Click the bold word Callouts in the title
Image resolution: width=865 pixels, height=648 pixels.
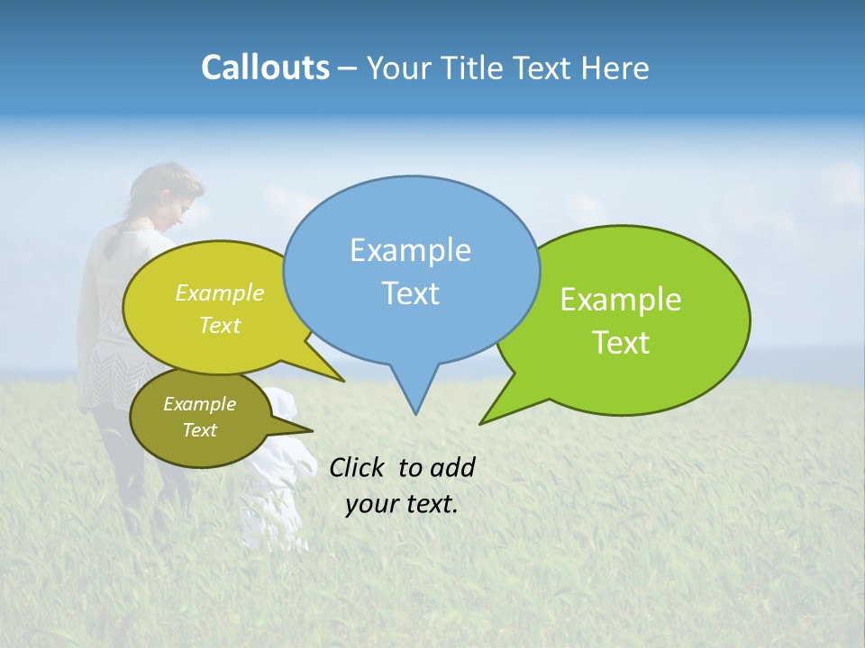pos(265,67)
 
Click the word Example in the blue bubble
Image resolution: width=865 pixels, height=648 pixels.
pos(410,250)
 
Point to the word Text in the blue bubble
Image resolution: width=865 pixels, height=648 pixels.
pos(410,293)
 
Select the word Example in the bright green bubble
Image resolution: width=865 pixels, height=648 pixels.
pos(621,300)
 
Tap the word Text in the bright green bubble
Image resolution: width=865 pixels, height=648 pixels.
pos(622,343)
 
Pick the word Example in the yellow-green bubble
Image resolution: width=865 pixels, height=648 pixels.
pos(220,293)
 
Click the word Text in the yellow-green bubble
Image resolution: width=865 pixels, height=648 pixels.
pos(220,326)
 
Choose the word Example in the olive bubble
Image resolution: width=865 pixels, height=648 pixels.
pos(199,404)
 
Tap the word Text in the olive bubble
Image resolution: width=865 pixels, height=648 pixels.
pos(199,430)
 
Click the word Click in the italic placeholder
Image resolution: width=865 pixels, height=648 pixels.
pos(358,467)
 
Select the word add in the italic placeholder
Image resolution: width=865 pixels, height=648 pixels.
pos(452,467)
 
